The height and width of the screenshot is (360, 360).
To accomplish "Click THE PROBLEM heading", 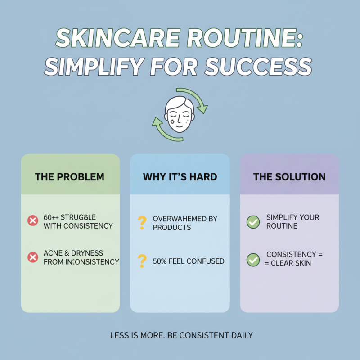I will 69,177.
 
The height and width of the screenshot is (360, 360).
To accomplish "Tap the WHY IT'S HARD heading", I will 180,177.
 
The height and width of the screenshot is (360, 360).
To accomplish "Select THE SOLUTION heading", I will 289,177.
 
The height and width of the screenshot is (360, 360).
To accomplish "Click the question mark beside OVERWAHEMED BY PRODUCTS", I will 142,222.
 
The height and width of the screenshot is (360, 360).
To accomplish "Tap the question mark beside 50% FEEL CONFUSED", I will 142,261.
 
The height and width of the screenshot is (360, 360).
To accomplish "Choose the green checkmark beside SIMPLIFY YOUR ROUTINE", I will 253,221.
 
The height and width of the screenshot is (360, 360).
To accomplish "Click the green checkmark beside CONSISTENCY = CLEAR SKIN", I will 253,259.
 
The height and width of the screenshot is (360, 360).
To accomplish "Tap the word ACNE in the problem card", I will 54,253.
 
